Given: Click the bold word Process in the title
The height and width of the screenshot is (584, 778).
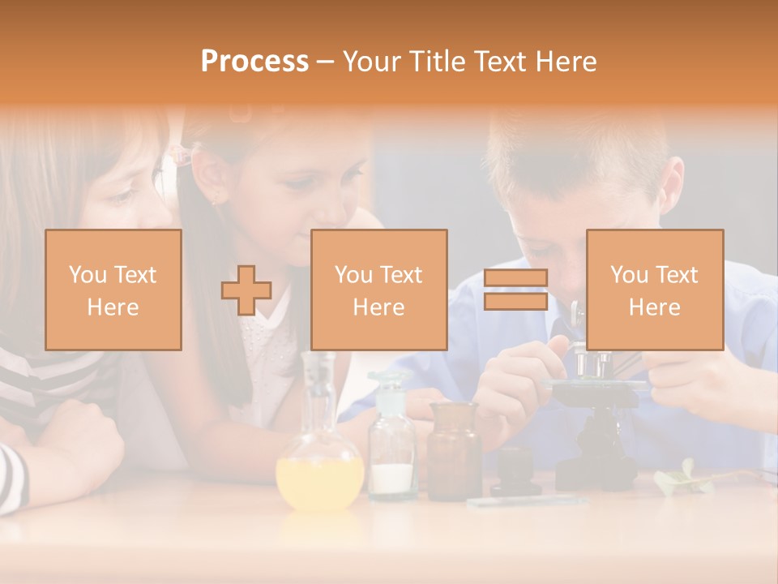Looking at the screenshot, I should click(x=254, y=61).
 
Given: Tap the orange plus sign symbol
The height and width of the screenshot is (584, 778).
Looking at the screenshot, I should click(x=246, y=290).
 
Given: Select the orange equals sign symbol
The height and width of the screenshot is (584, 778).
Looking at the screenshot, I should click(x=515, y=290).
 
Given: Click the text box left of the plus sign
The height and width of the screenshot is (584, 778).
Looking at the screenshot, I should click(x=113, y=290).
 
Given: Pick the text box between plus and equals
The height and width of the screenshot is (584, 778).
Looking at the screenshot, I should click(x=379, y=290).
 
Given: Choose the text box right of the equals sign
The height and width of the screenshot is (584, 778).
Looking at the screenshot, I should click(x=655, y=290).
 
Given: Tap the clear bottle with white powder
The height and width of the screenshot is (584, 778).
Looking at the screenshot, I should click(x=393, y=454).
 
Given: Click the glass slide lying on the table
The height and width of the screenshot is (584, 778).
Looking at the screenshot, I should click(x=527, y=501).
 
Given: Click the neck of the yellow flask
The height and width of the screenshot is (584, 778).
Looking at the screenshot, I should click(x=317, y=397).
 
